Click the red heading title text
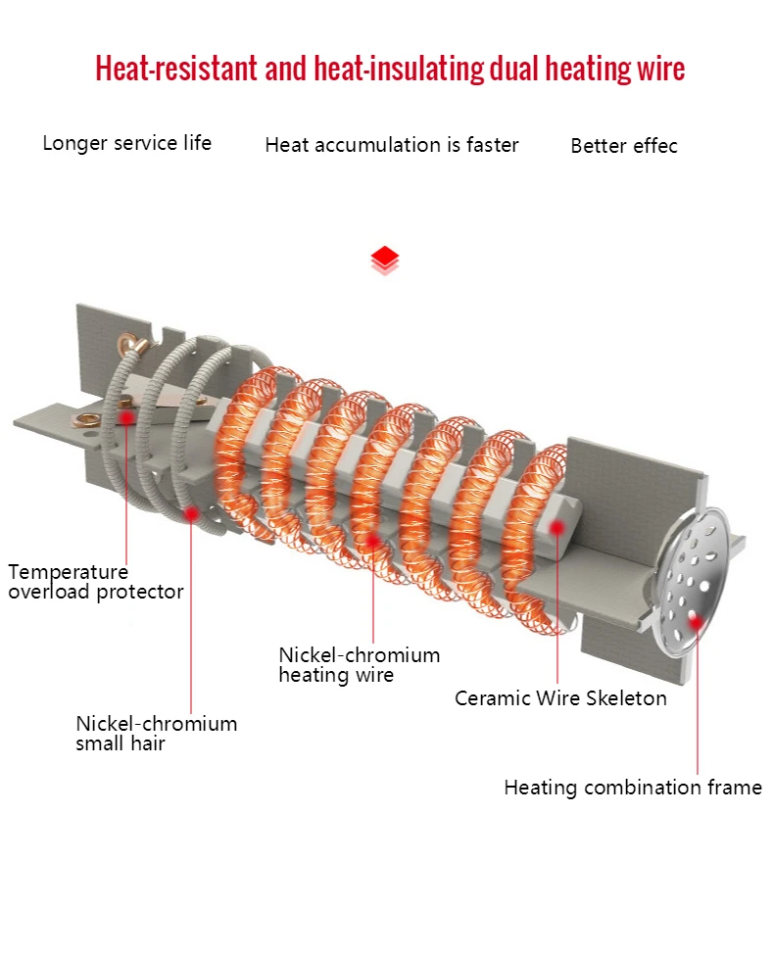(390, 68)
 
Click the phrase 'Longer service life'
(127, 143)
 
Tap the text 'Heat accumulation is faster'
(391, 145)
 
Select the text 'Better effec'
(624, 146)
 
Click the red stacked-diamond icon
(385, 261)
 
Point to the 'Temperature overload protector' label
(96, 582)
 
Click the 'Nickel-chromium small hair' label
(157, 733)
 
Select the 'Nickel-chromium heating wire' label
(359, 665)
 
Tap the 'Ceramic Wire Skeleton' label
(560, 698)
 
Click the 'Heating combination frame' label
(633, 788)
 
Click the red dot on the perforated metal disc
(696, 623)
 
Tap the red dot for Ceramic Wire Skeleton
(556, 527)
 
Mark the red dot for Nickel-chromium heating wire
(372, 540)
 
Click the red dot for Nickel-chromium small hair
(191, 513)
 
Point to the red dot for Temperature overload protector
(127, 417)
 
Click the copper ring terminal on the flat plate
(85, 420)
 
